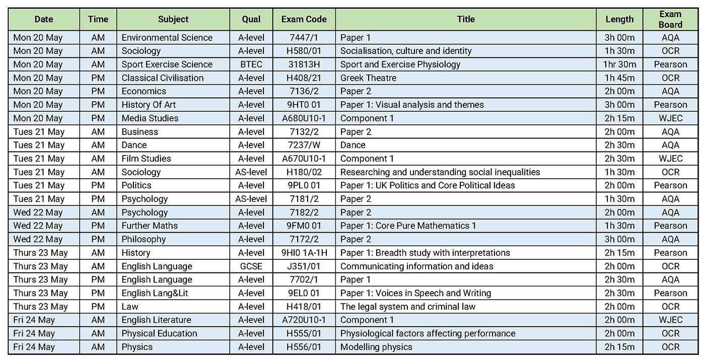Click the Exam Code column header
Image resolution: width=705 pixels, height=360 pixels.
(304, 20)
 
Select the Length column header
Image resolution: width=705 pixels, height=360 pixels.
(619, 20)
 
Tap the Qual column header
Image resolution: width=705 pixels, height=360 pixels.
(251, 20)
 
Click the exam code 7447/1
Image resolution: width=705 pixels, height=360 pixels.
(304, 38)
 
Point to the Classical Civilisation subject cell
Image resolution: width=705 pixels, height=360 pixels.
(162, 78)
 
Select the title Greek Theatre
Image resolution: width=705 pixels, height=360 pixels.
(368, 78)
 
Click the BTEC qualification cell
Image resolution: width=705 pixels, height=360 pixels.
(251, 64)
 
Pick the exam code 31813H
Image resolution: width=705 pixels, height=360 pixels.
(304, 64)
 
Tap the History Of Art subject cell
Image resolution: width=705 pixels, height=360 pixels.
(149, 105)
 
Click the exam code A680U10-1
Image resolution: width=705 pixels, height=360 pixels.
(304, 118)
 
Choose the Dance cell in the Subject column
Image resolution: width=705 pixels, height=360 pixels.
(134, 145)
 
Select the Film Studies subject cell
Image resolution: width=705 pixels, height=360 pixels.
(146, 159)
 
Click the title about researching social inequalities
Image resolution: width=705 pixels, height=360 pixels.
(440, 172)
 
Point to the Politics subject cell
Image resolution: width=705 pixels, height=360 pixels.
(136, 185)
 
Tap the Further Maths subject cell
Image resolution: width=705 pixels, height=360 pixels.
(150, 226)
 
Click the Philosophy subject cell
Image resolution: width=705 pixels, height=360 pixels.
(144, 239)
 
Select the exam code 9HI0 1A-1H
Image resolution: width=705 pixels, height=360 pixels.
(304, 253)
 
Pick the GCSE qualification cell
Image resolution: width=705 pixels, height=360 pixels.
(251, 266)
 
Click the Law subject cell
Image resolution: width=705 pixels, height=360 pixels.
(130, 307)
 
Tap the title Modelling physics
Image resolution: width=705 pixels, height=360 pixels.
(376, 347)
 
